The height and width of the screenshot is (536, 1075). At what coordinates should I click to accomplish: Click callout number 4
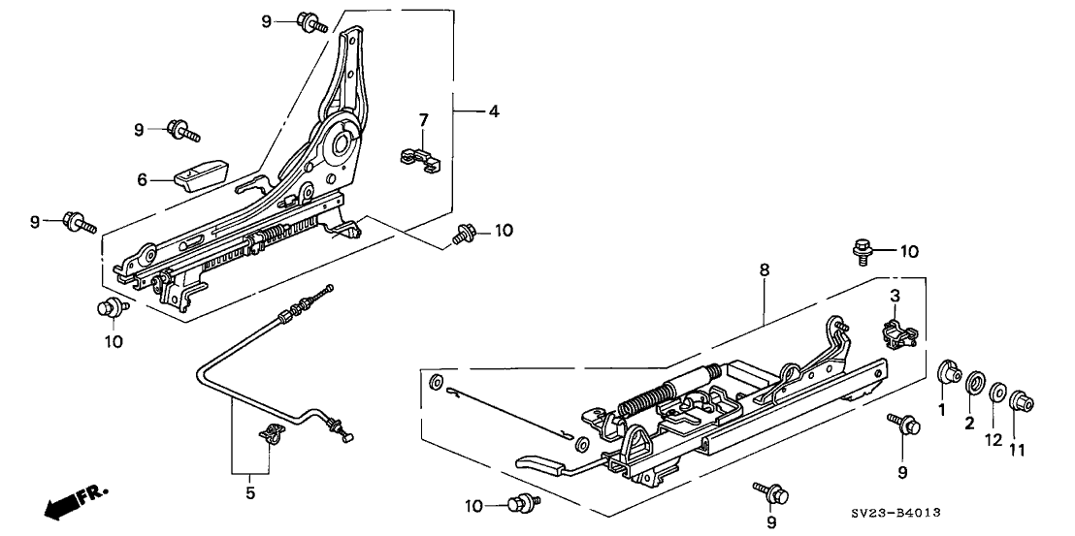click(x=494, y=112)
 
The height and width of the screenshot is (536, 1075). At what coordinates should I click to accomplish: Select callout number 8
click(x=765, y=272)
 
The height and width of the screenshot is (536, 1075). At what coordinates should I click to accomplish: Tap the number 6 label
click(x=141, y=179)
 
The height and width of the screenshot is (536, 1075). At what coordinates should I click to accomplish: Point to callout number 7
click(x=423, y=120)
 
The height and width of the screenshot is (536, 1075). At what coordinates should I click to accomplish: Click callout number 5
click(x=249, y=493)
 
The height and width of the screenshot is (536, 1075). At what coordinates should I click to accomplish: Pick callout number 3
click(x=896, y=294)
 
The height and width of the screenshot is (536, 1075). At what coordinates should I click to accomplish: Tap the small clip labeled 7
click(x=418, y=159)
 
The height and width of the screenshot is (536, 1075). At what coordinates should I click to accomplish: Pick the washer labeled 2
click(x=973, y=381)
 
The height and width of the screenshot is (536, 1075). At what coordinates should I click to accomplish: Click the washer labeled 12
click(x=996, y=393)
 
